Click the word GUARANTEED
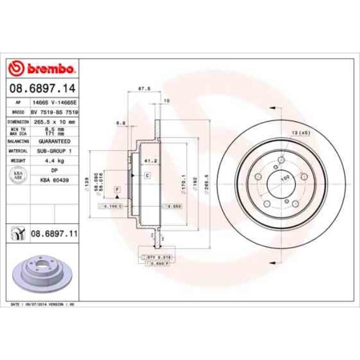click(54, 141)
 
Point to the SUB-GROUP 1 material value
click(54, 151)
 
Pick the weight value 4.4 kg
click(54, 160)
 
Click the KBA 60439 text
click(54, 180)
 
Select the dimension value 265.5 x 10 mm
click(54, 121)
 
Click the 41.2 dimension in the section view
click(147, 161)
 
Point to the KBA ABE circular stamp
click(17, 175)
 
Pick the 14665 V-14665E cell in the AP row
click(54, 103)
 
